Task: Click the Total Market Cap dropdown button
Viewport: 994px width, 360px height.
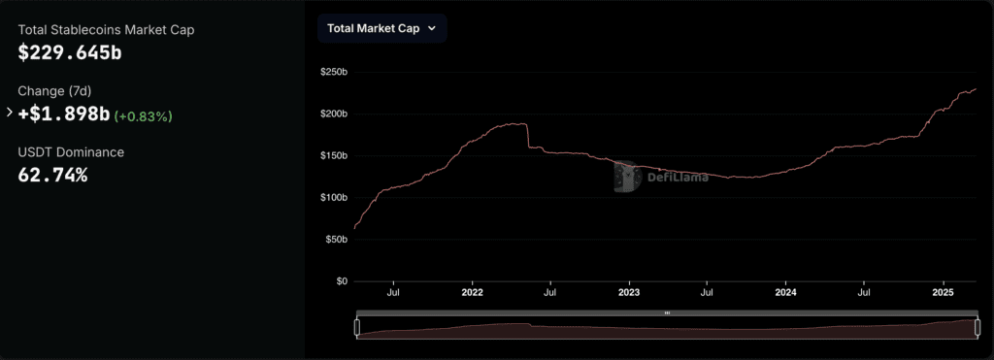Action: click(x=381, y=28)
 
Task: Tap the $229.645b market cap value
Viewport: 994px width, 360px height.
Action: click(x=70, y=52)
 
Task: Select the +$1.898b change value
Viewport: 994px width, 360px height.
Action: click(x=64, y=115)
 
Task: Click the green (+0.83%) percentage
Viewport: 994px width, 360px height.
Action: click(x=144, y=116)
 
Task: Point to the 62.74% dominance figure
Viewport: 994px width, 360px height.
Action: click(x=52, y=175)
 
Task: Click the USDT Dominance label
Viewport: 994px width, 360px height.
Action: click(x=71, y=152)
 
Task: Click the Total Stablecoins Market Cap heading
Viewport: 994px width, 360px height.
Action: click(x=106, y=30)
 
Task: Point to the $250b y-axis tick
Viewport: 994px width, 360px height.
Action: click(x=334, y=72)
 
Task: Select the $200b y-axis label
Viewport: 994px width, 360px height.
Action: click(x=334, y=115)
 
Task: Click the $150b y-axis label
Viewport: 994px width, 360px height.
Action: click(x=334, y=156)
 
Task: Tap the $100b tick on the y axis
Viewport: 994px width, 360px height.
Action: click(x=334, y=198)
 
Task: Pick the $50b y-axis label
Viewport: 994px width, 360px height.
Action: click(x=337, y=240)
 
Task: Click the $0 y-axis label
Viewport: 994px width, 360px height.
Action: click(x=342, y=281)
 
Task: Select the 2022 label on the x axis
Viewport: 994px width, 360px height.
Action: click(x=473, y=293)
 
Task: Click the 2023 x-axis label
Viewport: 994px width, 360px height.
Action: click(x=629, y=293)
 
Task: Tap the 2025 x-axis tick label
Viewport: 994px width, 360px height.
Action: click(x=944, y=293)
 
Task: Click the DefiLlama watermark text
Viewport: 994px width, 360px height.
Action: click(x=678, y=178)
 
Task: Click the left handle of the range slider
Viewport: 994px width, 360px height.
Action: click(x=357, y=327)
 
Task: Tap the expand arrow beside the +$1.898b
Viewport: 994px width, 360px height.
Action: click(x=10, y=113)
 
